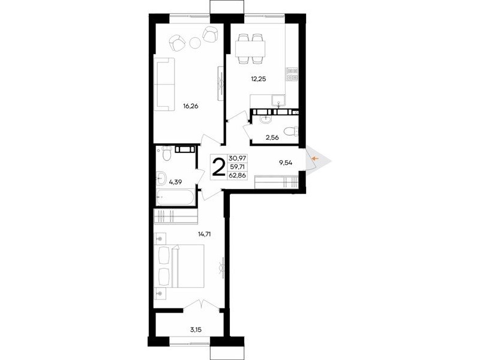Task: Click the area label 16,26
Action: coord(191,107)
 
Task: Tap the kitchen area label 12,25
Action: coord(259,79)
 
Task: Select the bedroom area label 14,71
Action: coord(205,234)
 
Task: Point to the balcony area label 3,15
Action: coord(196,329)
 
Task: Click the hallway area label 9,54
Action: coord(286,163)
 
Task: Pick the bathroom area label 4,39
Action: coord(175,182)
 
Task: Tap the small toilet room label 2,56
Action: coord(272,137)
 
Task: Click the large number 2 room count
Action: coord(219,167)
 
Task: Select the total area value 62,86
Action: coord(237,176)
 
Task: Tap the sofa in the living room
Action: coord(165,84)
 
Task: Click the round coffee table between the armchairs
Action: coord(194,42)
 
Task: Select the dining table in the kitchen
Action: coord(250,49)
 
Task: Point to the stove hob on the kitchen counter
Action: coord(292,74)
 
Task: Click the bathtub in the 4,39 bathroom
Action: coord(175,197)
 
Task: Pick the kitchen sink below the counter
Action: coord(279,101)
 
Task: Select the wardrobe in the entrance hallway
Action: coord(277,182)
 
